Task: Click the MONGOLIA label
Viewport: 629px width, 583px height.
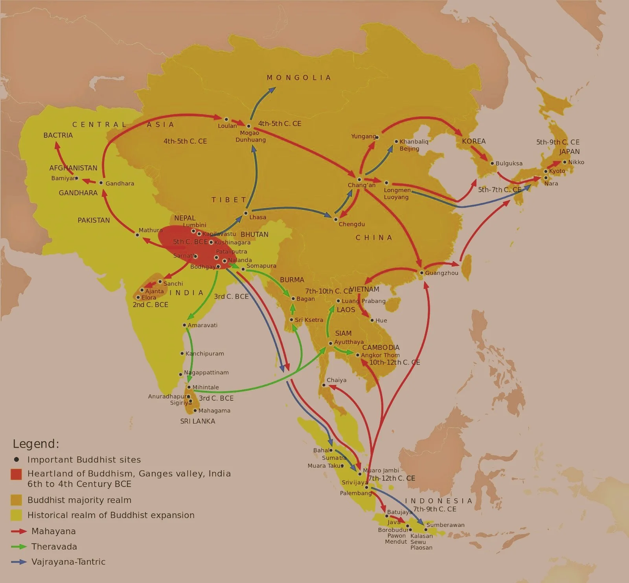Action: pos(299,78)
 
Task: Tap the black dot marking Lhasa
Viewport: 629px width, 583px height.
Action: pos(246,213)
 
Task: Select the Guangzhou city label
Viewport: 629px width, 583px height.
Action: pos(441,273)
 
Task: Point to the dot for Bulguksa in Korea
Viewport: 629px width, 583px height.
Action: pos(492,163)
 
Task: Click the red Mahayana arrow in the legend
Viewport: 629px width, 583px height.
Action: pos(19,531)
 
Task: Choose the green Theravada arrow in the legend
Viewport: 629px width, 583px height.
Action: pos(19,546)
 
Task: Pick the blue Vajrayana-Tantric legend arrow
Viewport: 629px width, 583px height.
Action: pos(19,562)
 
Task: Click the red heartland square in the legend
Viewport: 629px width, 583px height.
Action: pos(16,474)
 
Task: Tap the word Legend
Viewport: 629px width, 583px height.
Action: pos(36,444)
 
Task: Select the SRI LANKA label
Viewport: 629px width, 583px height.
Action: pos(197,421)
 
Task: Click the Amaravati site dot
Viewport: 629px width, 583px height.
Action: pos(184,325)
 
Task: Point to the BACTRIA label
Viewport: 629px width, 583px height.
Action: pos(58,135)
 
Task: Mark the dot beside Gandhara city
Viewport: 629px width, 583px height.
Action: pos(101,183)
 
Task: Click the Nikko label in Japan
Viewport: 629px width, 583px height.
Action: pos(576,162)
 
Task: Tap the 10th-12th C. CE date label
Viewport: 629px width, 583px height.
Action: pos(394,362)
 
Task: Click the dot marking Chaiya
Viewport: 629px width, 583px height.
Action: pos(324,385)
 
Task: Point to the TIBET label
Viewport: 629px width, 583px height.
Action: pos(229,200)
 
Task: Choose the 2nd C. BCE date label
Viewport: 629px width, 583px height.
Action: pos(150,305)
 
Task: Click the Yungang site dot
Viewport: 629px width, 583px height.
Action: pos(377,137)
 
